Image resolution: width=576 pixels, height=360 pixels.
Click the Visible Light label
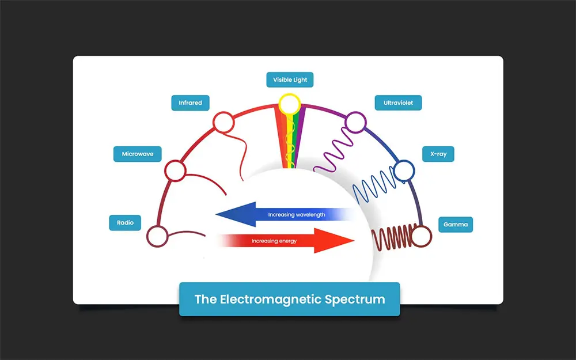(290, 80)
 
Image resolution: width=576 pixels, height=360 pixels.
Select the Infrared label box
(190, 103)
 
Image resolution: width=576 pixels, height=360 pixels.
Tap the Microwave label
(137, 154)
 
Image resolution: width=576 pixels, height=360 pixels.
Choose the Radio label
(125, 223)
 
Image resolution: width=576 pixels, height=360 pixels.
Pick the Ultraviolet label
(390, 104)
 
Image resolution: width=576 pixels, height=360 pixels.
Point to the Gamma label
(456, 224)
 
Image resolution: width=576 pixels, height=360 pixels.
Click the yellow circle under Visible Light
(289, 104)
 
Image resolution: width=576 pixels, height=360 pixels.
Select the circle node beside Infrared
(223, 122)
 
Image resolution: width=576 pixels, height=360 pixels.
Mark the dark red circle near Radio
(158, 236)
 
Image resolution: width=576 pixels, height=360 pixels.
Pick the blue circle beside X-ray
(404, 169)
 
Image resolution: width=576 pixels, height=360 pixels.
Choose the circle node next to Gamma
(421, 236)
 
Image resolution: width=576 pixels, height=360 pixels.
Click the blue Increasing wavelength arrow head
(230, 215)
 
